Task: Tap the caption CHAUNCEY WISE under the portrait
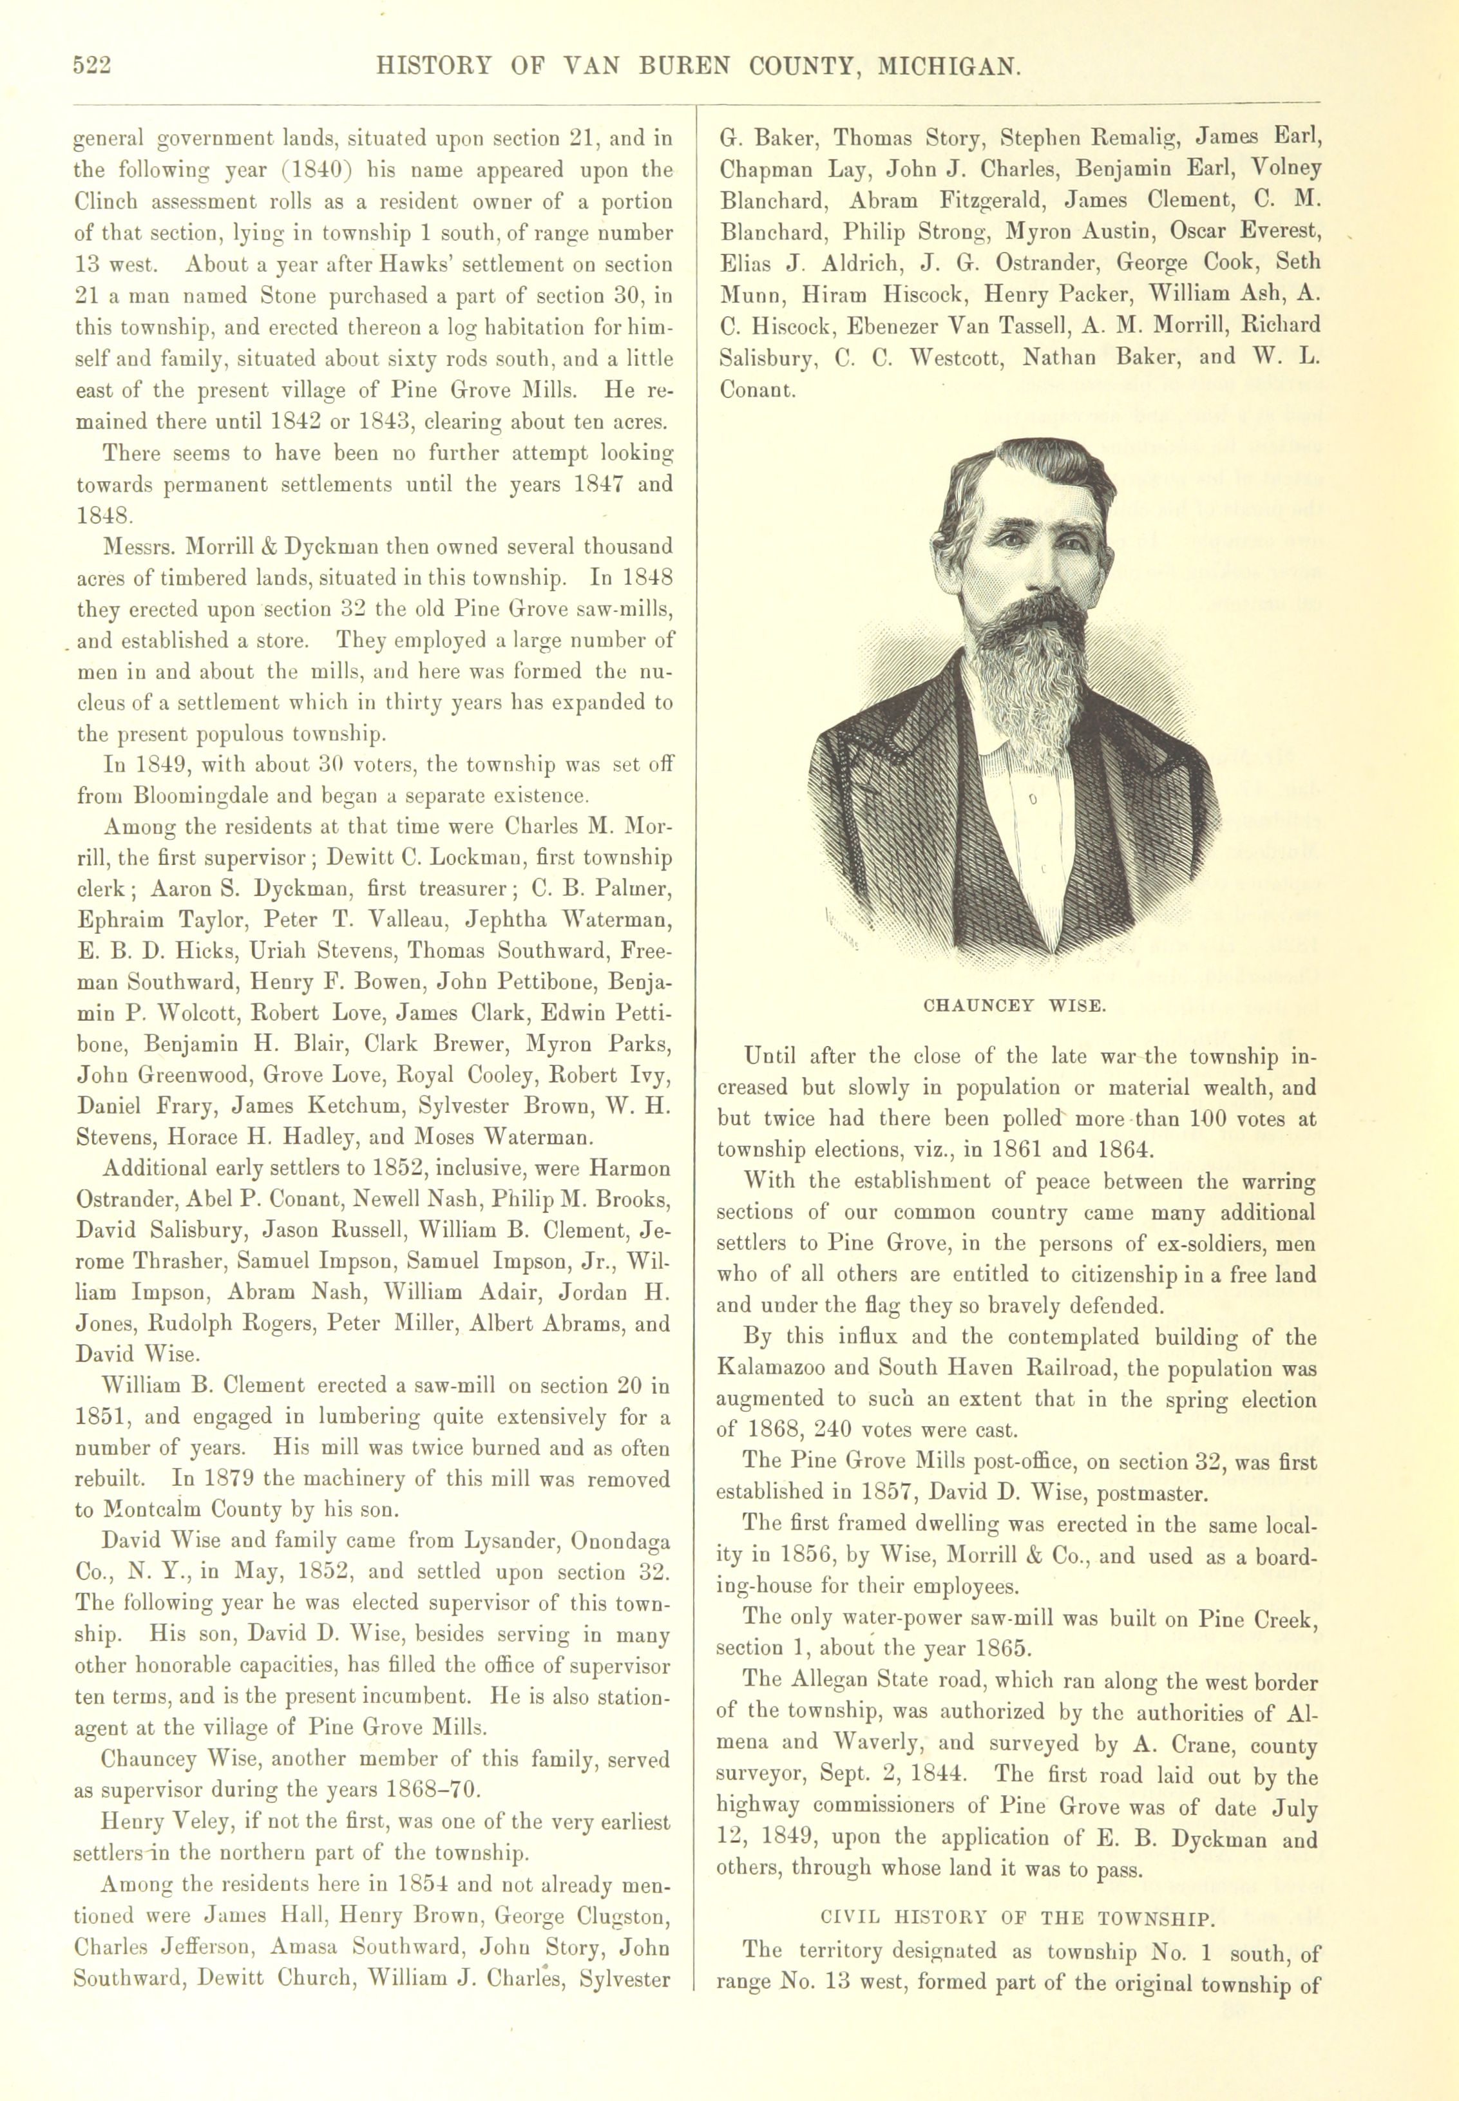coord(1015,1006)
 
